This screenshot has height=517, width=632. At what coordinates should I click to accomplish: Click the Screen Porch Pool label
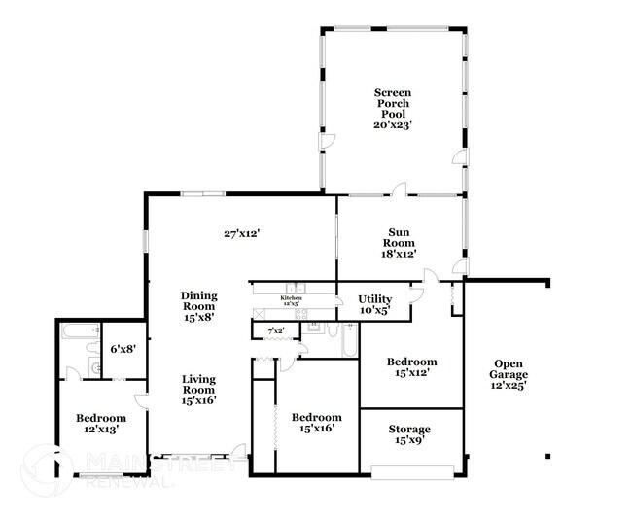(x=394, y=109)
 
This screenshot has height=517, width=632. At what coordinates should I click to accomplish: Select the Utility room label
(x=374, y=304)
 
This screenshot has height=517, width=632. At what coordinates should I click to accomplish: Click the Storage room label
(x=408, y=434)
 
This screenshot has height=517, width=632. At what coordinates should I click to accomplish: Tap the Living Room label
(x=198, y=389)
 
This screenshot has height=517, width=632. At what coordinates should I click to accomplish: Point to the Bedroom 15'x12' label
(x=411, y=366)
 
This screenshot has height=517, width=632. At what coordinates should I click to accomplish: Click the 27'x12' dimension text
(x=242, y=233)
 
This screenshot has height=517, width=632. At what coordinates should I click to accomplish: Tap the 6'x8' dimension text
(x=122, y=348)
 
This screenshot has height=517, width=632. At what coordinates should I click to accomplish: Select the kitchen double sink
(x=297, y=288)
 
